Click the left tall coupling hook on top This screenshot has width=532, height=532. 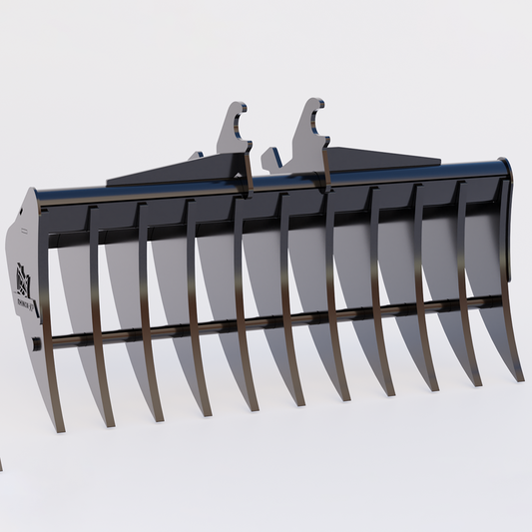click(235, 131)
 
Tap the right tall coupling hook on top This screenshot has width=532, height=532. click(310, 125)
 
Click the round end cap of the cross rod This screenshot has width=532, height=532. click(37, 344)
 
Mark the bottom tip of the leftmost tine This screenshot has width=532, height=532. click(58, 426)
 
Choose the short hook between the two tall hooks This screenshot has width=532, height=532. click(272, 157)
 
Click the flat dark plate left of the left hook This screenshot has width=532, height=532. click(150, 174)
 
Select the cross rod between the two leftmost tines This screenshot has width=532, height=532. click(70, 340)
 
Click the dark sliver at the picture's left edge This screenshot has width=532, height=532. click(1, 464)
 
